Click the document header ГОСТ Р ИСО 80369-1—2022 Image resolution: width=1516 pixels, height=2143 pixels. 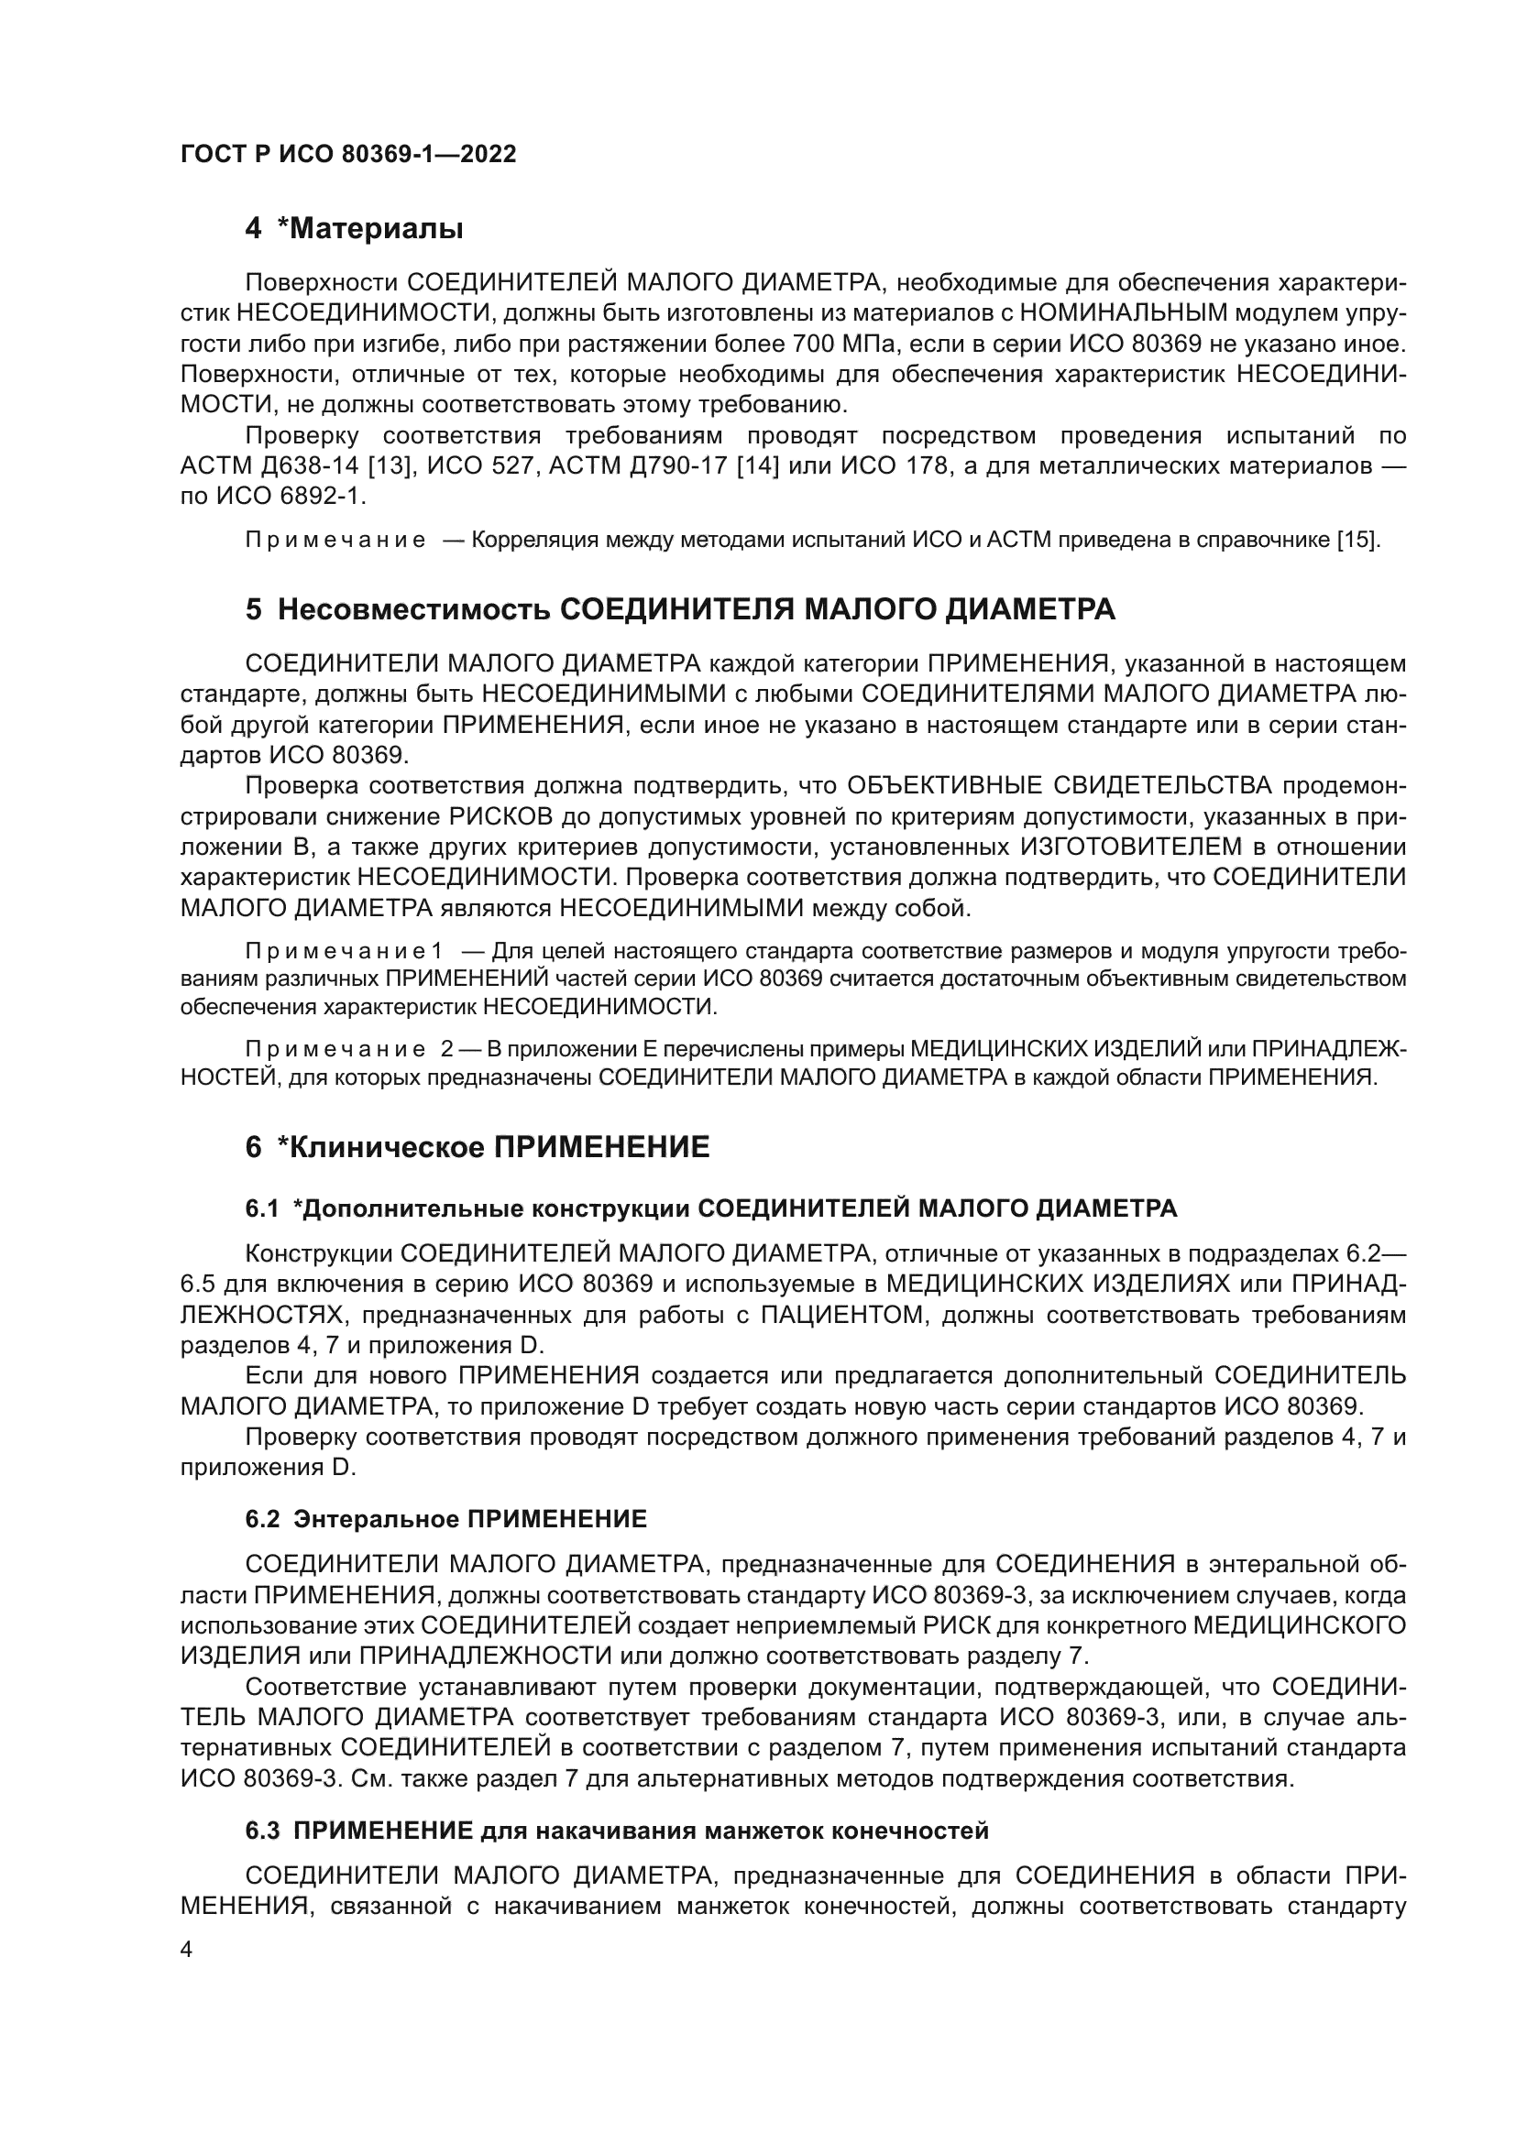point(348,155)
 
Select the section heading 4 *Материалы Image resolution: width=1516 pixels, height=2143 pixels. point(354,229)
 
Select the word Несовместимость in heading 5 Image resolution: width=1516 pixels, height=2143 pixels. point(414,609)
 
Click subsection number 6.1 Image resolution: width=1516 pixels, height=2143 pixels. point(262,1208)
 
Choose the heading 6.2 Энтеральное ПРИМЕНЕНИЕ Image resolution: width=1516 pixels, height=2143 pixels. point(446,1519)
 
